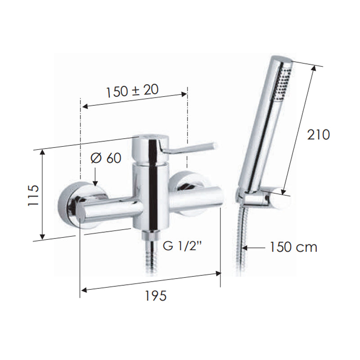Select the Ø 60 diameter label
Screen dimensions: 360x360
pyautogui.click(x=106, y=158)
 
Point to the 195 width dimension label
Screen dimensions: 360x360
pyautogui.click(x=155, y=296)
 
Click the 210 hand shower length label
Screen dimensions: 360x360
pyautogui.click(x=318, y=135)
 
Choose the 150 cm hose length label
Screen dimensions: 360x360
pyautogui.click(x=293, y=247)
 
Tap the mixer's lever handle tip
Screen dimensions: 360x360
pyautogui.click(x=211, y=146)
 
